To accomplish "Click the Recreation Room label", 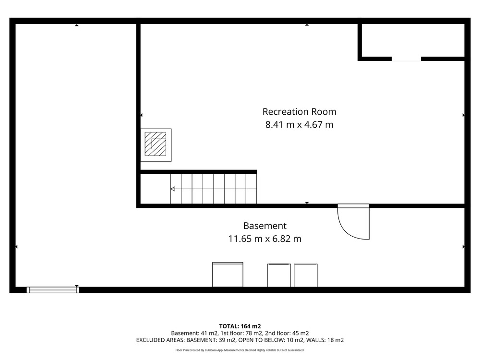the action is (299, 112).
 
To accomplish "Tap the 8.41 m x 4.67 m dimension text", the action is (299, 125).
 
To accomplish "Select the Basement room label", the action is (265, 226).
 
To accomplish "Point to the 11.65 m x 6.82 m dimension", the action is (265, 239).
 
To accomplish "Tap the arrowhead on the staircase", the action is (173, 189).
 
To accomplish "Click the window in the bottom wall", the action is (53, 290).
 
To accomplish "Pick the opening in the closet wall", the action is (406, 59).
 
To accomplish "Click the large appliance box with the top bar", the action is (228, 275).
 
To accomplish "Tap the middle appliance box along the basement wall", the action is (279, 276).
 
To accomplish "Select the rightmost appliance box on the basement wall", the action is (305, 276).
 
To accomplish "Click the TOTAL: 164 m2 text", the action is (240, 326).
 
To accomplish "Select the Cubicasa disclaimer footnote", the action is (240, 350).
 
